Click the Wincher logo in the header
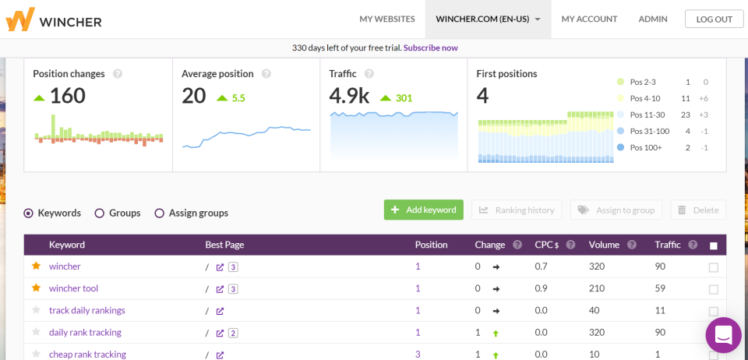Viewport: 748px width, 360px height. tap(53, 19)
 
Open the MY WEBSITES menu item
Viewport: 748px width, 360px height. tap(386, 19)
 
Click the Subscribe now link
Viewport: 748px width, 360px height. tap(430, 48)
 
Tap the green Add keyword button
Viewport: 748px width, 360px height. tap(423, 210)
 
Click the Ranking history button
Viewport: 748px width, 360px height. tap(517, 210)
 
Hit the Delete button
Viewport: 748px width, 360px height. tap(698, 210)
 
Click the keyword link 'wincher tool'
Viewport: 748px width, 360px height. tap(73, 288)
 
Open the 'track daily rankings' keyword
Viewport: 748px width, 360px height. tap(86, 310)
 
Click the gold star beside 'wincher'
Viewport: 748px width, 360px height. tap(36, 266)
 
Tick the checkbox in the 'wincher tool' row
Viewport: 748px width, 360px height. tap(713, 289)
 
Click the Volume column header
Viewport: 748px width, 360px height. tap(604, 245)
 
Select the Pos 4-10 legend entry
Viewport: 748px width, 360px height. tap(644, 98)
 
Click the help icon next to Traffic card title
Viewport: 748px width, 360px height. tap(369, 74)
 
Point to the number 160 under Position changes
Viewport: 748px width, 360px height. tap(67, 97)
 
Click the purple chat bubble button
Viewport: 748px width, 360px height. tap(723, 335)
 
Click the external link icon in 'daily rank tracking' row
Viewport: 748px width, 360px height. tap(220, 333)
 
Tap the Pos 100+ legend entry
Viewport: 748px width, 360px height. tap(644, 147)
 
